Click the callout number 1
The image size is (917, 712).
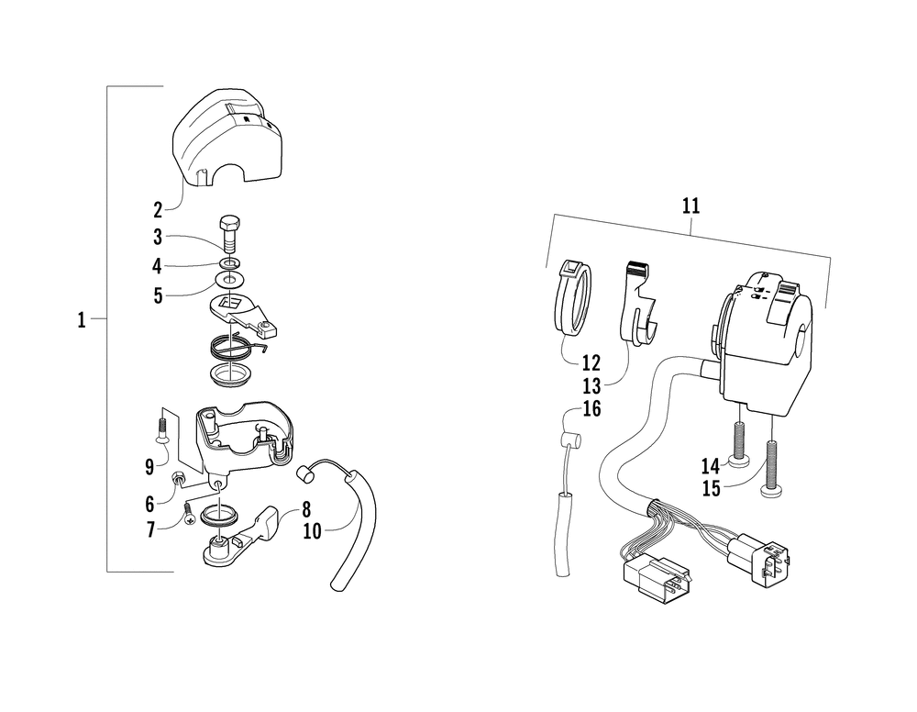point(81,320)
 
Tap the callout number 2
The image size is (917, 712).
point(158,209)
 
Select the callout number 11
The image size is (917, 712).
point(691,206)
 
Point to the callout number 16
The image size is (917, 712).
point(591,409)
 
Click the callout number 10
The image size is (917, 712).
point(313,531)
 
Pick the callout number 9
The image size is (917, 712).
point(149,466)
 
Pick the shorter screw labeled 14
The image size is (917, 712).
point(737,439)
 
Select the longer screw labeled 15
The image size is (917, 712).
point(769,463)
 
